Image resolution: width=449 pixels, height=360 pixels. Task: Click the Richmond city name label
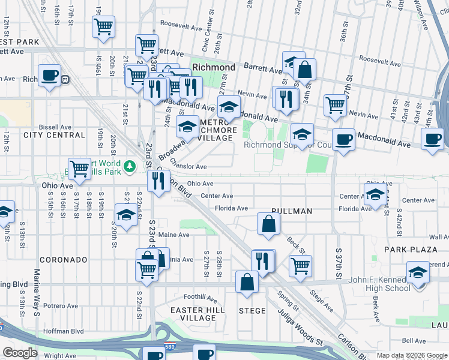[x=214, y=67]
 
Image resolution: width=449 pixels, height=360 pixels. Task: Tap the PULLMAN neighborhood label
[x=292, y=211]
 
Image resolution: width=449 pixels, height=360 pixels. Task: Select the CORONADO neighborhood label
[x=64, y=260]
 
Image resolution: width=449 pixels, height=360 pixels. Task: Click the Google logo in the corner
[x=20, y=353]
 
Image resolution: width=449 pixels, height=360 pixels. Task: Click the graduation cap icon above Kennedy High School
[x=418, y=272]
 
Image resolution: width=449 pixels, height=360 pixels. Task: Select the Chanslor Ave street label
[x=188, y=166]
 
